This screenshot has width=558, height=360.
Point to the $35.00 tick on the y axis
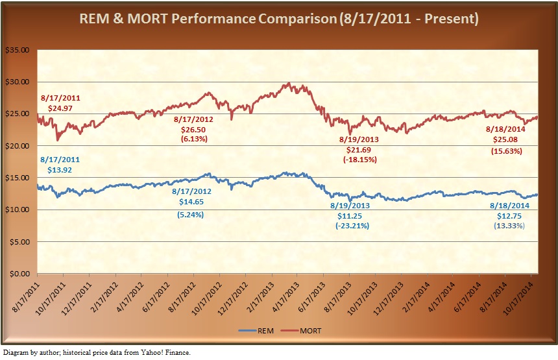point(19,50)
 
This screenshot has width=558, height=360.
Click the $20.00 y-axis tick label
point(19,146)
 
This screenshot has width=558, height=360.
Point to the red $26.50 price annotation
point(193,130)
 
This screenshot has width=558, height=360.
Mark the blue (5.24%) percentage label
point(190,213)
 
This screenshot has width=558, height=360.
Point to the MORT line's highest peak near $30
point(287,83)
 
